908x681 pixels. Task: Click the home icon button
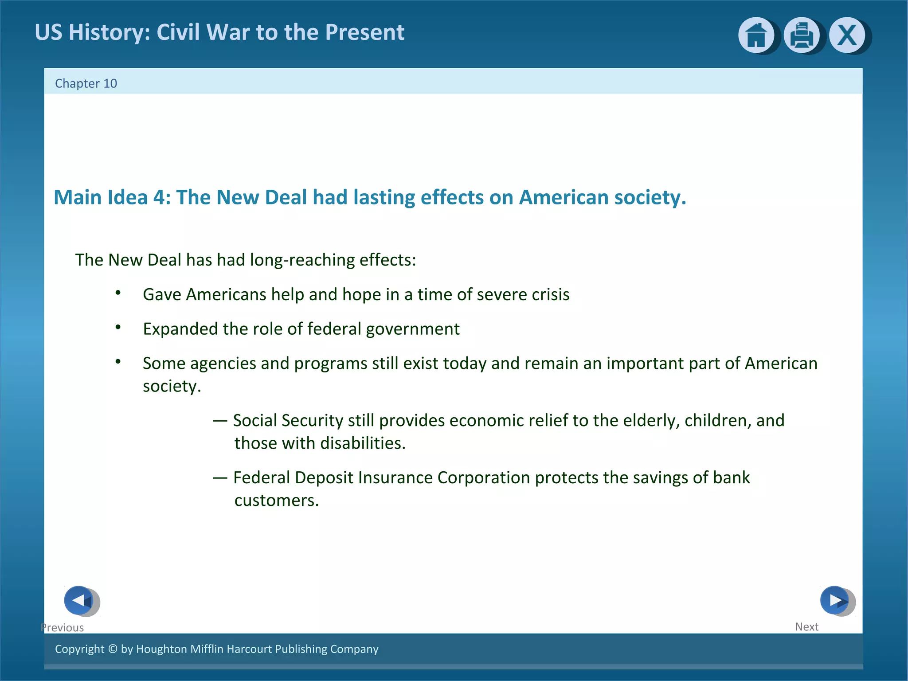[756, 35]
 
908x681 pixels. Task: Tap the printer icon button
[801, 35]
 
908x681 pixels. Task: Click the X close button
[847, 35]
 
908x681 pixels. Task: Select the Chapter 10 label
[86, 83]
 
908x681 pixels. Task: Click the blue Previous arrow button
[79, 600]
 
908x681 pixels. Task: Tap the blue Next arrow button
[834, 600]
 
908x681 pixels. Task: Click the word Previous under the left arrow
[62, 627]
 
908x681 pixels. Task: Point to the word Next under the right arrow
[806, 626]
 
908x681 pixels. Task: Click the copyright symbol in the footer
[113, 649]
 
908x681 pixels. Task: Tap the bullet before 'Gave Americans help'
[118, 293]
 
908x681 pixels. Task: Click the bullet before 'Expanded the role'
[118, 327]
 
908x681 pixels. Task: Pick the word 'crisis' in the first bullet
[551, 294]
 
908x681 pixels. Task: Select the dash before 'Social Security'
[220, 420]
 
